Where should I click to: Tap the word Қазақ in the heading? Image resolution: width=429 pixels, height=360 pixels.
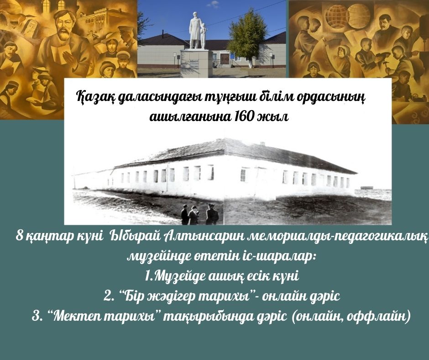click(95, 98)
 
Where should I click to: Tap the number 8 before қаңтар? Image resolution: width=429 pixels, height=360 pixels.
click(19, 236)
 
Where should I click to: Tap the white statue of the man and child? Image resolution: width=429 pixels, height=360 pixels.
click(198, 31)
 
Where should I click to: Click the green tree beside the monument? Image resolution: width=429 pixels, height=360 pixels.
click(249, 37)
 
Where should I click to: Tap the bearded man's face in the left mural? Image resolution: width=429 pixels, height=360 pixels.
click(64, 26)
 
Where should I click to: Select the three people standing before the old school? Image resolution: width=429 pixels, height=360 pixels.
click(199, 214)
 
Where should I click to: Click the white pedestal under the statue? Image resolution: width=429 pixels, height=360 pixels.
click(196, 64)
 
